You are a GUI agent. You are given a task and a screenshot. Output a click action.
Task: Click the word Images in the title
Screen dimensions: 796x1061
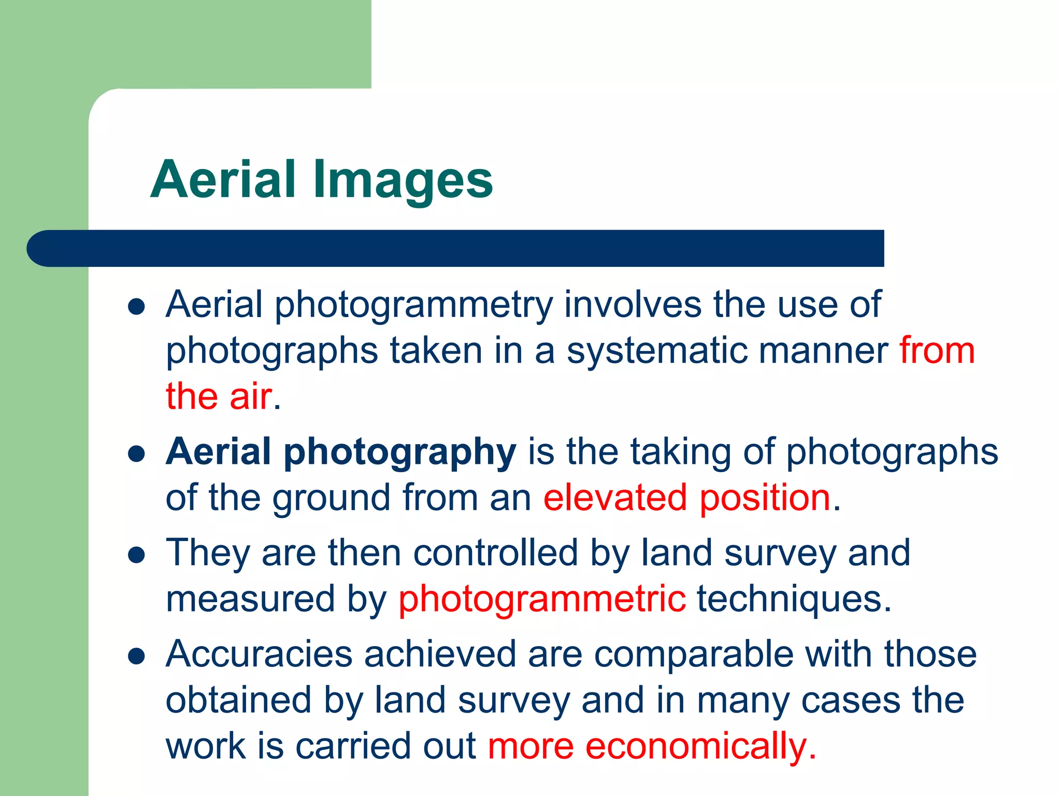[403, 180]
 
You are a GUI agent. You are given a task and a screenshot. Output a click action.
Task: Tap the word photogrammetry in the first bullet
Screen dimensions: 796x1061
[413, 305]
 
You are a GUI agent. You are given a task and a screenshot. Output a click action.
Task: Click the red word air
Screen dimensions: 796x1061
[250, 396]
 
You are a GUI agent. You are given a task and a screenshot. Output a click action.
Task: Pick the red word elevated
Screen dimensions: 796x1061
[615, 498]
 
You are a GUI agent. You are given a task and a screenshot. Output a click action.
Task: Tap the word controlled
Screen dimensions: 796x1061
[495, 553]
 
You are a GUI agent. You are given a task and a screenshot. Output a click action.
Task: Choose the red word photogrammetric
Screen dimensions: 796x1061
[542, 600]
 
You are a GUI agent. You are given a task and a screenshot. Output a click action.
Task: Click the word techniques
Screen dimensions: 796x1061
[794, 599]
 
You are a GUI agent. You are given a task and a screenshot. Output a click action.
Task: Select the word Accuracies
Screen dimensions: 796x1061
[259, 654]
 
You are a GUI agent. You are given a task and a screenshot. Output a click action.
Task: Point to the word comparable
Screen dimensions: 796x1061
[694, 654]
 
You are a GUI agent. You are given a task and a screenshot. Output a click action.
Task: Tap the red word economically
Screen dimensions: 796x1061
[696, 747]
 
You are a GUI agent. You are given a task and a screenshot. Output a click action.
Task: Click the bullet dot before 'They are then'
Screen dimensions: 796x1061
[136, 556]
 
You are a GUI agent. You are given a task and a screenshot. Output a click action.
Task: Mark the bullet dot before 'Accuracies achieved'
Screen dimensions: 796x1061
[136, 657]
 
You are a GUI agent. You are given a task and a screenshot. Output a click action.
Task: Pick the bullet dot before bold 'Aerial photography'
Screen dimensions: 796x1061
[136, 454]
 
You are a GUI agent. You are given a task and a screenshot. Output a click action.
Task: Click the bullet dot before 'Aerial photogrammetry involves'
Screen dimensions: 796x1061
[136, 307]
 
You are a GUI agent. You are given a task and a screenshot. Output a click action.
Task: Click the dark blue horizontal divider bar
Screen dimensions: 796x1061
[456, 248]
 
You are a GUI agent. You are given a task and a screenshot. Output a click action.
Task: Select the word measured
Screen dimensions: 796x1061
[250, 599]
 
